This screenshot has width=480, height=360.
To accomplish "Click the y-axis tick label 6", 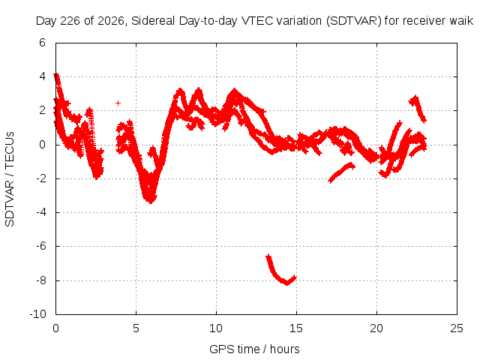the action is click(42, 43).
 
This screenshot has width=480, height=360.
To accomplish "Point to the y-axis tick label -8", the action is click(40, 280).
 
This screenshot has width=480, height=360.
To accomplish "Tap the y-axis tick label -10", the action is click(38, 313).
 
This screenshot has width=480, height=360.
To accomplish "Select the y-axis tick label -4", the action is click(40, 212).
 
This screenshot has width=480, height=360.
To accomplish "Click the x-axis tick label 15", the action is click(296, 328).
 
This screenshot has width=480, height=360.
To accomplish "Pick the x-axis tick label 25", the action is click(457, 328).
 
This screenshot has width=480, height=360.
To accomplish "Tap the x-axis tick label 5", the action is click(136, 328).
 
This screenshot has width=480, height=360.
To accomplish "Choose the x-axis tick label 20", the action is click(376, 328).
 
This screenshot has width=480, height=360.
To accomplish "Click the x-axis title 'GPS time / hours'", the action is click(254, 349).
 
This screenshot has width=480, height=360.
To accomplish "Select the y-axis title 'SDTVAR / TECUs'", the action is click(10, 179).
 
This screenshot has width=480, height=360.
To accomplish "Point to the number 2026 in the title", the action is click(110, 21).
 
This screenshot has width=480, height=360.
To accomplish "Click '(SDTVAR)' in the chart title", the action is click(353, 21).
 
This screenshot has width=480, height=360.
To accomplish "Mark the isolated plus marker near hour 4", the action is click(118, 103).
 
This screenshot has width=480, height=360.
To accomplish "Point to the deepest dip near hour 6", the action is click(150, 200).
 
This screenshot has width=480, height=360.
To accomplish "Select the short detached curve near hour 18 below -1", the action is click(340, 173).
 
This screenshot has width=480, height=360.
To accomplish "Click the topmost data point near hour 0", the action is click(56, 75).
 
